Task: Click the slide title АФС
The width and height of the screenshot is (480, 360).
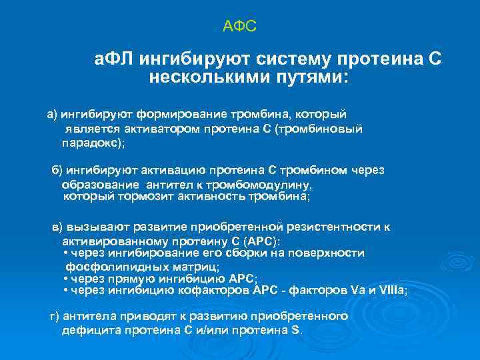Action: click(x=239, y=27)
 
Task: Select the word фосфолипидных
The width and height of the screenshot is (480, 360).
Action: click(x=105, y=265)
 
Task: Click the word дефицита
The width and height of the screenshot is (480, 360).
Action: click(x=87, y=330)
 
